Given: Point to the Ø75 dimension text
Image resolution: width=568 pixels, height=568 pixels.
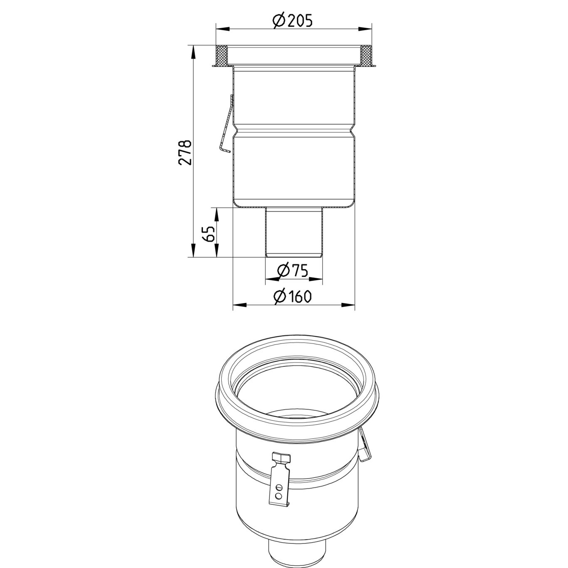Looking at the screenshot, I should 292,271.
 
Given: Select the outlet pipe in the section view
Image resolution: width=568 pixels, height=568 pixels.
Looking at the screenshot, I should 294,233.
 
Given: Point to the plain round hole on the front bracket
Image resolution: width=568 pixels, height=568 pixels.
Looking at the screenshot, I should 279,496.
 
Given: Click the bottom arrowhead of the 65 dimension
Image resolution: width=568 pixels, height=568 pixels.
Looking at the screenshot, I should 216,252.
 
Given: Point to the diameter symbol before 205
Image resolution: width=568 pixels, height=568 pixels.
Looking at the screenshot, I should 279,20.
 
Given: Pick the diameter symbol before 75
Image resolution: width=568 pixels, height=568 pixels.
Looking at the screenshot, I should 283,271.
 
